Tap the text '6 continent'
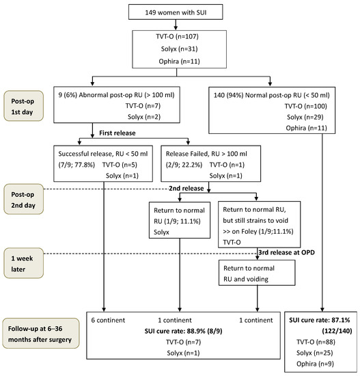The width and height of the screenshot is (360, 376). click(106, 319)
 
